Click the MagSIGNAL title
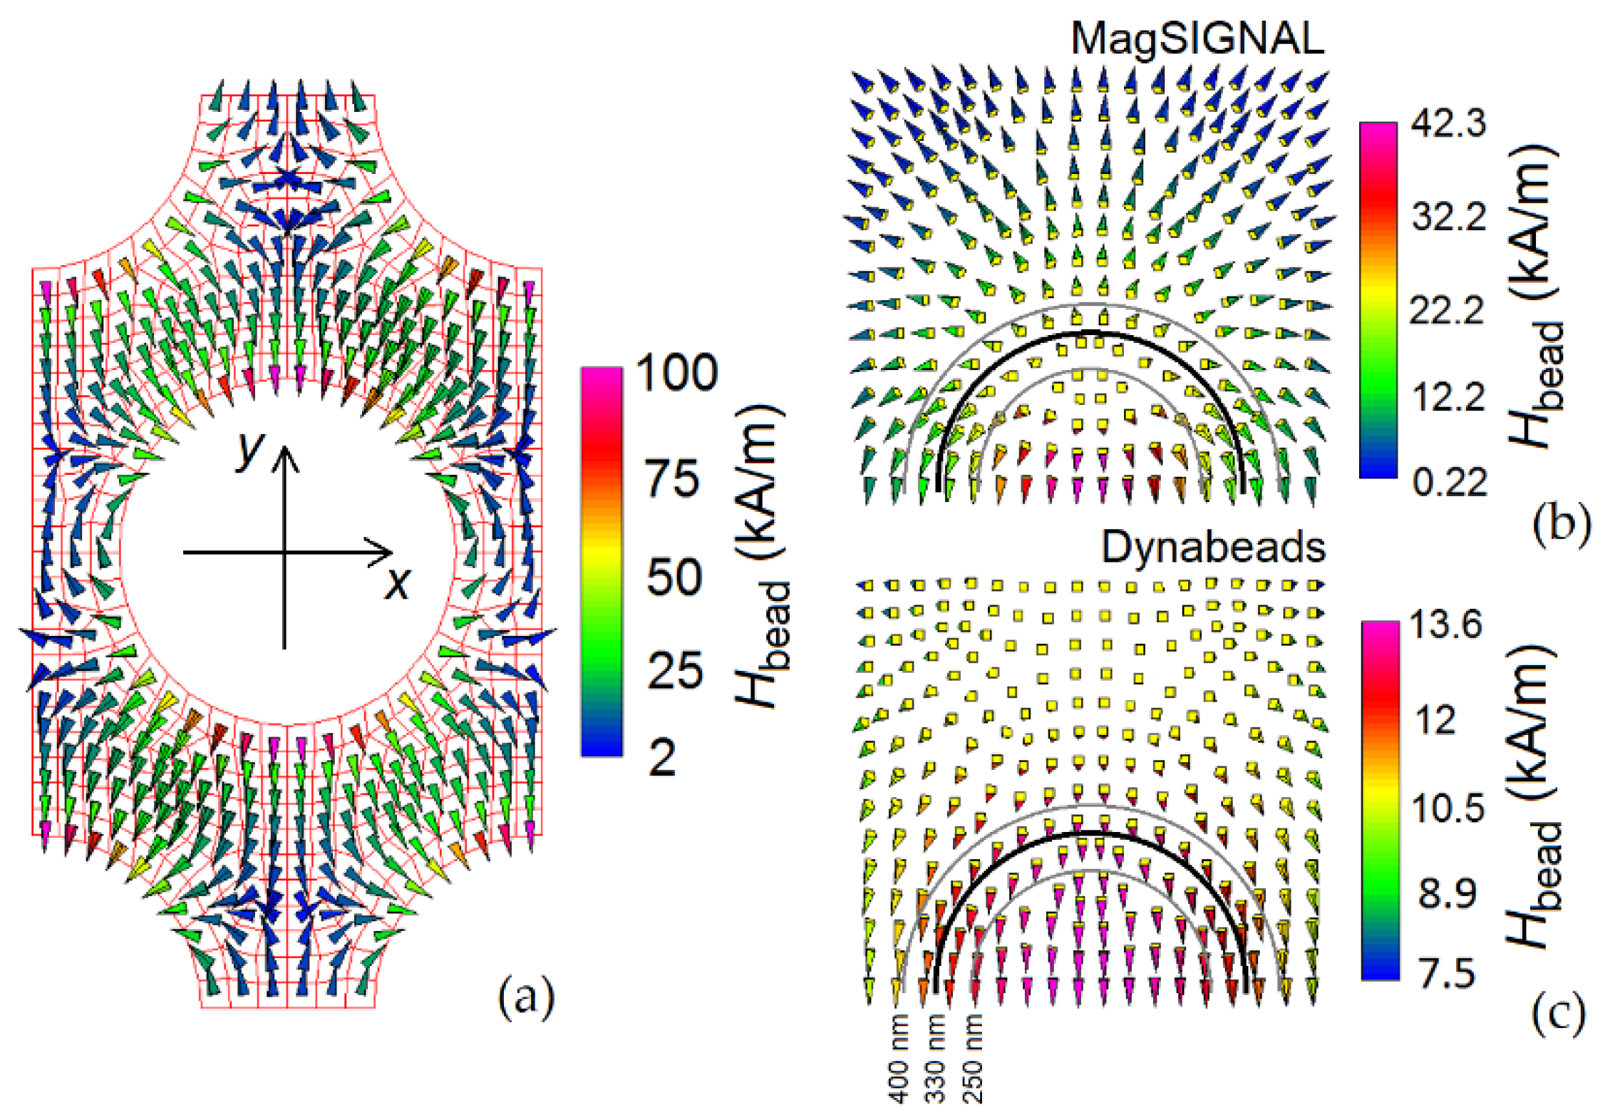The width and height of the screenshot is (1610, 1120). [1197, 38]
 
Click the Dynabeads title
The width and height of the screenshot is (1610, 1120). [1213, 548]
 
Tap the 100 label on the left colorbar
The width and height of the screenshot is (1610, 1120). [676, 372]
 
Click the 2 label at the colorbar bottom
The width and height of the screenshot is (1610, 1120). [662, 757]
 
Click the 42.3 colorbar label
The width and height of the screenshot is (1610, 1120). [1448, 123]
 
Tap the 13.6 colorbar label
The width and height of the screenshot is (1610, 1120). [1446, 625]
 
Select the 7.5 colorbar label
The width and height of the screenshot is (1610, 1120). [1446, 972]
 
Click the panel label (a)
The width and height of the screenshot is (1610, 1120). [525, 998]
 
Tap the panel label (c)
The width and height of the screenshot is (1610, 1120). [1558, 1015]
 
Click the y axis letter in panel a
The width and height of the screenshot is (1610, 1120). [250, 448]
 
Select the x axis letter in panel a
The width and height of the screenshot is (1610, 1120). [397, 583]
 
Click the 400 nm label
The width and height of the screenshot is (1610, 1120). [900, 1059]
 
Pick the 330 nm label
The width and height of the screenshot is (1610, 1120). [936, 1059]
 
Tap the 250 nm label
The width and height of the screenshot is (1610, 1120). [974, 1059]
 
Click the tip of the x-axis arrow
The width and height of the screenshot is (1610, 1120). [391, 552]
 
